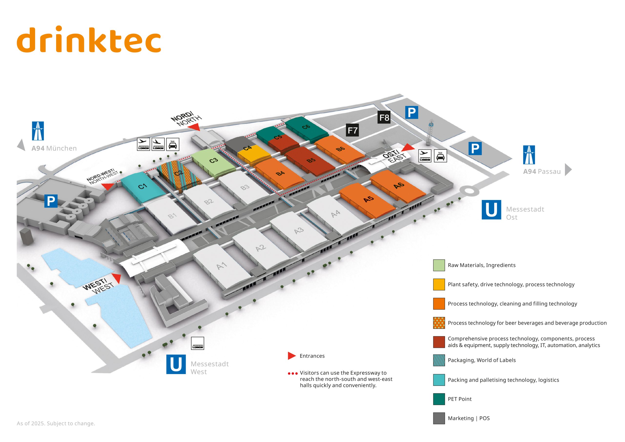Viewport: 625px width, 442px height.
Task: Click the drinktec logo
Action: pyautogui.click(x=89, y=40)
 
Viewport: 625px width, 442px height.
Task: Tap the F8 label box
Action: pyautogui.click(x=384, y=117)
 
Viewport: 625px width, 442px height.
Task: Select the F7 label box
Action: pyautogui.click(x=352, y=130)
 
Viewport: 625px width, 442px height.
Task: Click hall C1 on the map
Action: pyautogui.click(x=142, y=186)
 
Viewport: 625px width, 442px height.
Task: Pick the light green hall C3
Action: pyautogui.click(x=214, y=160)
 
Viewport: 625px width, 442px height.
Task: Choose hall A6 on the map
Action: pyautogui.click(x=399, y=185)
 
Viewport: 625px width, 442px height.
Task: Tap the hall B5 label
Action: pyautogui.click(x=311, y=160)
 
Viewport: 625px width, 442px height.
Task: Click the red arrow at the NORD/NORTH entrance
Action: pyautogui.click(x=194, y=127)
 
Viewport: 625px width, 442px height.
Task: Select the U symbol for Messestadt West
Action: pyautogui.click(x=176, y=364)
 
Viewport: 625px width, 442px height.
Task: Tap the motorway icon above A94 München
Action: pyautogui.click(x=38, y=131)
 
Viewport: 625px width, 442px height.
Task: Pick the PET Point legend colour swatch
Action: pyautogui.click(x=439, y=399)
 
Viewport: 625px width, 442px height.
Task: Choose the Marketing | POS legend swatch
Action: pyautogui.click(x=439, y=418)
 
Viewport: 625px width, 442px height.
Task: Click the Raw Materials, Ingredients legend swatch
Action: pyautogui.click(x=439, y=265)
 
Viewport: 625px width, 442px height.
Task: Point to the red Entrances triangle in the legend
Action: pyautogui.click(x=292, y=356)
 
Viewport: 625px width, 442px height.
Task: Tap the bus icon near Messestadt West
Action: pyautogui.click(x=197, y=343)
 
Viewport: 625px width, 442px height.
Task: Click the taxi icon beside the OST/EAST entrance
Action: pyautogui.click(x=440, y=156)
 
